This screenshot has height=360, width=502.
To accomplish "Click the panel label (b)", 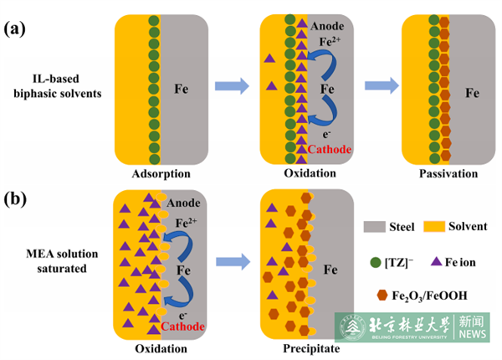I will click(17, 200).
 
